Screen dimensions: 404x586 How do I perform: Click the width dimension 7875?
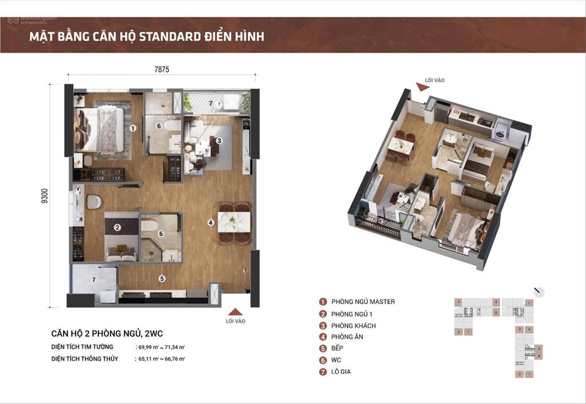coord(162,69)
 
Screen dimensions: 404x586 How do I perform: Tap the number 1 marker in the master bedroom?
coord(132,129)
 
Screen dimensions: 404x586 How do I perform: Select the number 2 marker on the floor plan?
coord(117,227)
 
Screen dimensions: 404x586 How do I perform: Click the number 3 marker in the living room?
coord(219,139)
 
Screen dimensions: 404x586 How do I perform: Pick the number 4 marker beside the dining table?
coord(211,222)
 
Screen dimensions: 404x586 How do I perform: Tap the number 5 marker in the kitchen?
coord(162,279)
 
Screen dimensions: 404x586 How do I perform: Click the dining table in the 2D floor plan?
coord(234,222)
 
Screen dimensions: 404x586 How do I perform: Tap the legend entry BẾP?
coord(341,348)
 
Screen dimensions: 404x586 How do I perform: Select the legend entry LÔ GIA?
coord(345,371)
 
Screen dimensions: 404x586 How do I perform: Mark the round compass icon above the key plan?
coord(539,291)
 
